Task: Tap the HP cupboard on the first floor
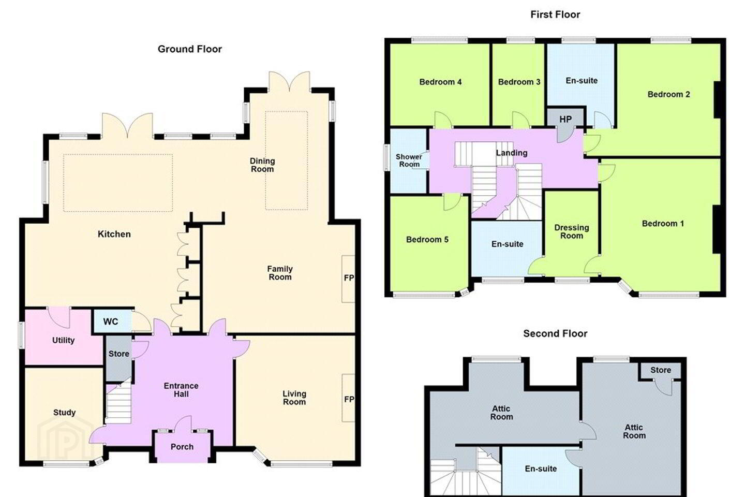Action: click(565, 119)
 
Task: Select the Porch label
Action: click(182, 447)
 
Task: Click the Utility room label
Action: click(63, 340)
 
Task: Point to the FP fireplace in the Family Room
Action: click(348, 279)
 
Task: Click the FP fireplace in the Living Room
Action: click(348, 398)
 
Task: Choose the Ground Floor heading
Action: click(189, 49)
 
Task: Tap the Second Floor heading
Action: click(555, 333)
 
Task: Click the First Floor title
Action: click(555, 14)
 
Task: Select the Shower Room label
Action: click(409, 160)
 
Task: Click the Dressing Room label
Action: click(571, 232)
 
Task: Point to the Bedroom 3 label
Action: click(519, 82)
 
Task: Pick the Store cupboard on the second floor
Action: click(660, 371)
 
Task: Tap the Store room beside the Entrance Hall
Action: click(119, 358)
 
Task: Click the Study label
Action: click(64, 413)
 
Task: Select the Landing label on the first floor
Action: click(512, 153)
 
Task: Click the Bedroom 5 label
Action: click(427, 239)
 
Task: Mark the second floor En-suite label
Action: click(541, 469)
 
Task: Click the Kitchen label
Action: click(114, 234)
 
